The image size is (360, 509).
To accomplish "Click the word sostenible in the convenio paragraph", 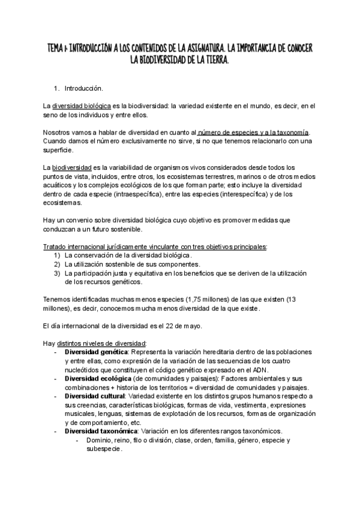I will click(x=140, y=228).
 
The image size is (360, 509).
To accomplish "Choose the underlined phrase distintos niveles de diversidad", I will click(x=98, y=343).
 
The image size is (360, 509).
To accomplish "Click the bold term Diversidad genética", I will click(x=96, y=352).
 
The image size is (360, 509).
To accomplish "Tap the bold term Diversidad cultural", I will click(x=95, y=397).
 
